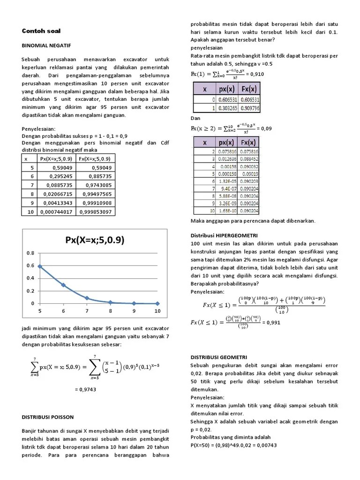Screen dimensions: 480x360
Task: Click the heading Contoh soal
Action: coord(41,31)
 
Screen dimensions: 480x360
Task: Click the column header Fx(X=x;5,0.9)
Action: coord(96,159)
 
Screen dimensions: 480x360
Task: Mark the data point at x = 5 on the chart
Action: coord(40,266)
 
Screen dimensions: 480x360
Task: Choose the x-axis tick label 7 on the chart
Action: coord(87,311)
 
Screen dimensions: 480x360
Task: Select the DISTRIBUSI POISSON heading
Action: coord(48,416)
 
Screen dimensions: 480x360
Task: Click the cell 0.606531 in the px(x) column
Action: coord(227,100)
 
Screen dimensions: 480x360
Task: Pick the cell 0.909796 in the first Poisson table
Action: coord(250,108)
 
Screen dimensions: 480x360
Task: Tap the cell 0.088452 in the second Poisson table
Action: coord(250,159)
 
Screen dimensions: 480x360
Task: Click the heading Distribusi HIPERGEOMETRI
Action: coord(225,235)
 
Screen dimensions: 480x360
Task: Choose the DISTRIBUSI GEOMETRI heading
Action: coord(219,357)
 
